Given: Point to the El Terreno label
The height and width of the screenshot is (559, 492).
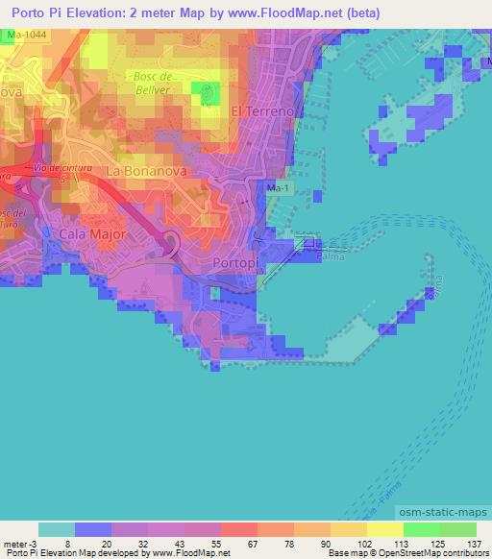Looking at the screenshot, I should tap(260, 111).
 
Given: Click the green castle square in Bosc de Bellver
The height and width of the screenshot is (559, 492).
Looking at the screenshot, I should tap(205, 93).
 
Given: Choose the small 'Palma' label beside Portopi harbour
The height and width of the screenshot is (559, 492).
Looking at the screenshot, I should tap(331, 256).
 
